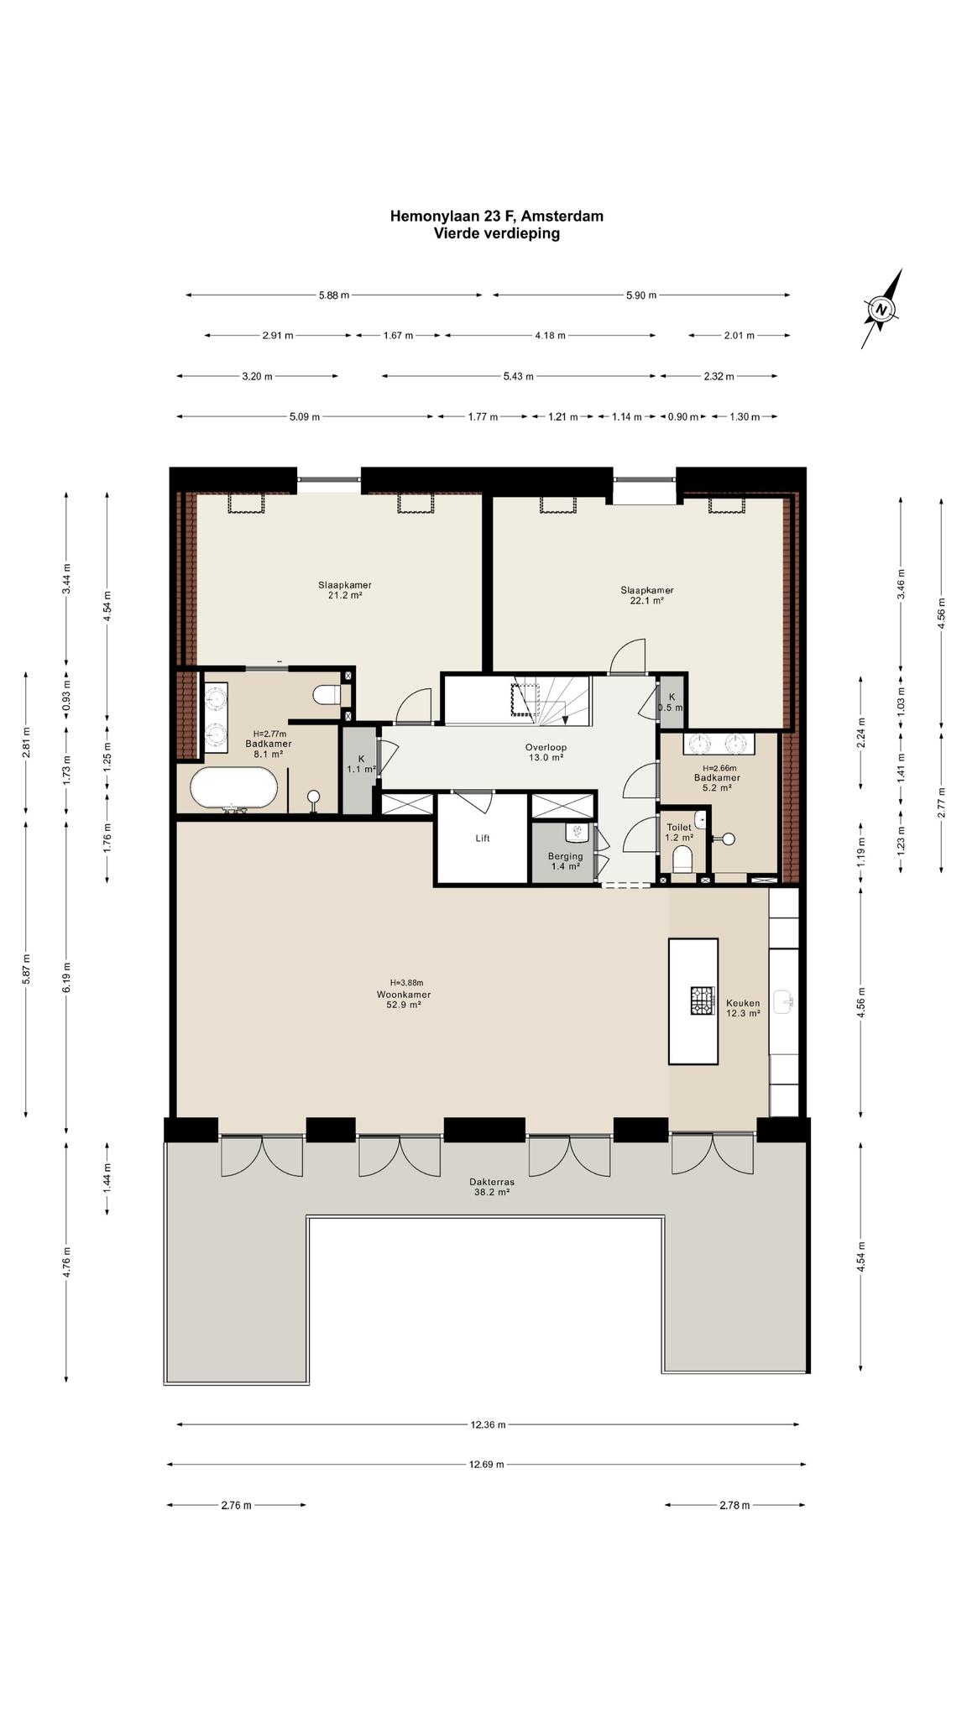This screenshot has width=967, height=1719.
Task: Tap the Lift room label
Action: tap(482, 838)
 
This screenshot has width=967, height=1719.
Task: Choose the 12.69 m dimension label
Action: tap(487, 1465)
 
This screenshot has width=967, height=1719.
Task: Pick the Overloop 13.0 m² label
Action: tap(546, 752)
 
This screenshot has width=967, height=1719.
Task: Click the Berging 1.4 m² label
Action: tap(565, 860)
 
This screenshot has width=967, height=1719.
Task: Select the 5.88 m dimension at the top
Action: tap(333, 295)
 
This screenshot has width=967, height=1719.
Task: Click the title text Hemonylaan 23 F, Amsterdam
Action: tap(496, 216)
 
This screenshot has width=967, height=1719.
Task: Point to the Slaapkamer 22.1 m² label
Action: tap(646, 595)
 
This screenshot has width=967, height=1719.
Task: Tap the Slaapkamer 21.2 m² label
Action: tap(344, 590)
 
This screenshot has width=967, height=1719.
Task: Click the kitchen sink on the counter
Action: tap(785, 1000)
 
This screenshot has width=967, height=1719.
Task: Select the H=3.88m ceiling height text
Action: tap(406, 983)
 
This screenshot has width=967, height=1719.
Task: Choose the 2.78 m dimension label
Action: tap(734, 1505)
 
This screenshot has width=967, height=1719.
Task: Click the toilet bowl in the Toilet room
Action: tap(682, 859)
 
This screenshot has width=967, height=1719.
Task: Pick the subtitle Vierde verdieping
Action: tap(496, 233)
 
